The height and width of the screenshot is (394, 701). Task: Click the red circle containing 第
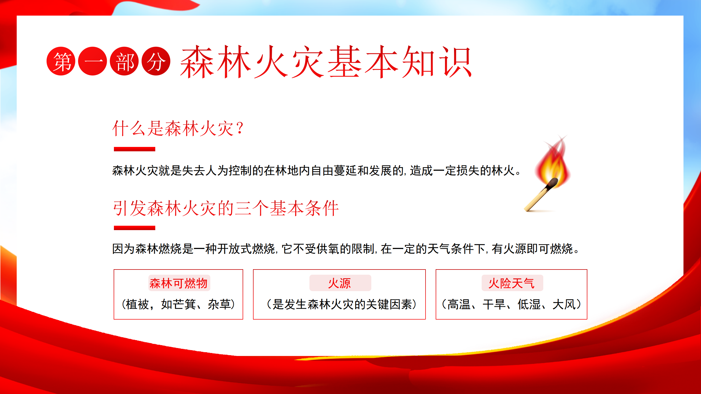(x=61, y=61)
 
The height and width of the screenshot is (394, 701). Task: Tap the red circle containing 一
(x=93, y=61)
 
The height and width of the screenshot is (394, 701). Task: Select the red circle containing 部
(x=124, y=61)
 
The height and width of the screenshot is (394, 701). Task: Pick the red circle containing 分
(x=156, y=61)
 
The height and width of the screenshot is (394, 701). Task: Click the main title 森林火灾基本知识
(x=326, y=62)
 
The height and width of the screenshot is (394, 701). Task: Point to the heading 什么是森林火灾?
(x=178, y=128)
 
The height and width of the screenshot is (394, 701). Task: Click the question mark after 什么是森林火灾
(x=240, y=128)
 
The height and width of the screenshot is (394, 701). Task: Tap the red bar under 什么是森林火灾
(x=134, y=149)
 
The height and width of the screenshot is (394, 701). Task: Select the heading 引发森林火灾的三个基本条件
(x=226, y=208)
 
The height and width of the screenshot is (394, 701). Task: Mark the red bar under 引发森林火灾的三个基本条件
(x=134, y=228)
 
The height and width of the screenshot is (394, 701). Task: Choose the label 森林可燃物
(x=179, y=283)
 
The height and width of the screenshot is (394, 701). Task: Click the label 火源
(x=340, y=283)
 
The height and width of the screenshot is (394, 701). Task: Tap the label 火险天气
(x=512, y=283)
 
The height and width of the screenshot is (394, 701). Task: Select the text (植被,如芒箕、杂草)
(x=179, y=304)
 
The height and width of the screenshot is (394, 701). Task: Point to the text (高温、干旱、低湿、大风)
(x=512, y=304)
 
